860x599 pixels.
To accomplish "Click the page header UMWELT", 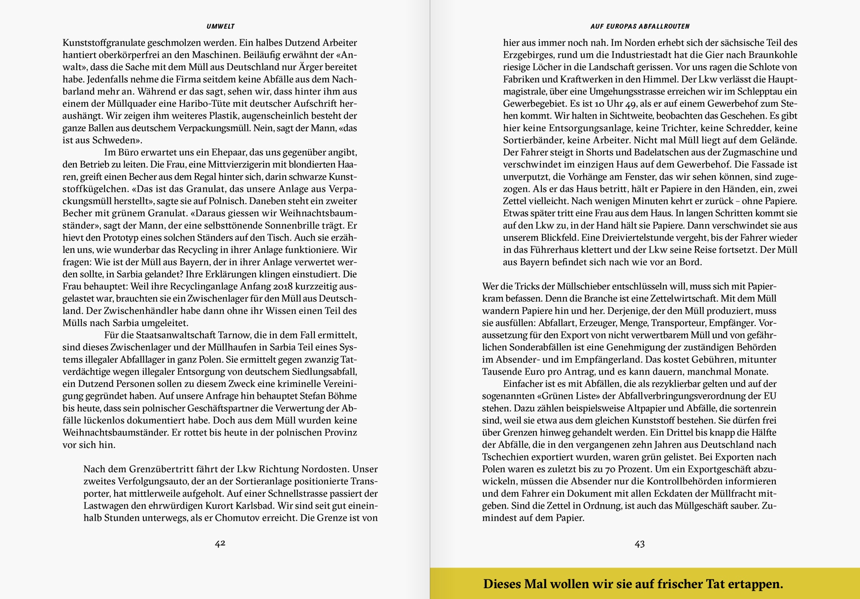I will [220, 26].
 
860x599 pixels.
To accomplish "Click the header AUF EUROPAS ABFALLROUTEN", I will [640, 26].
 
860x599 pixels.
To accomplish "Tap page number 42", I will [220, 543].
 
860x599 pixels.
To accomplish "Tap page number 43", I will [639, 543].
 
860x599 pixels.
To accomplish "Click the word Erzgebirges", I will [527, 55].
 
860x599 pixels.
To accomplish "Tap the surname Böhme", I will [343, 396].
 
